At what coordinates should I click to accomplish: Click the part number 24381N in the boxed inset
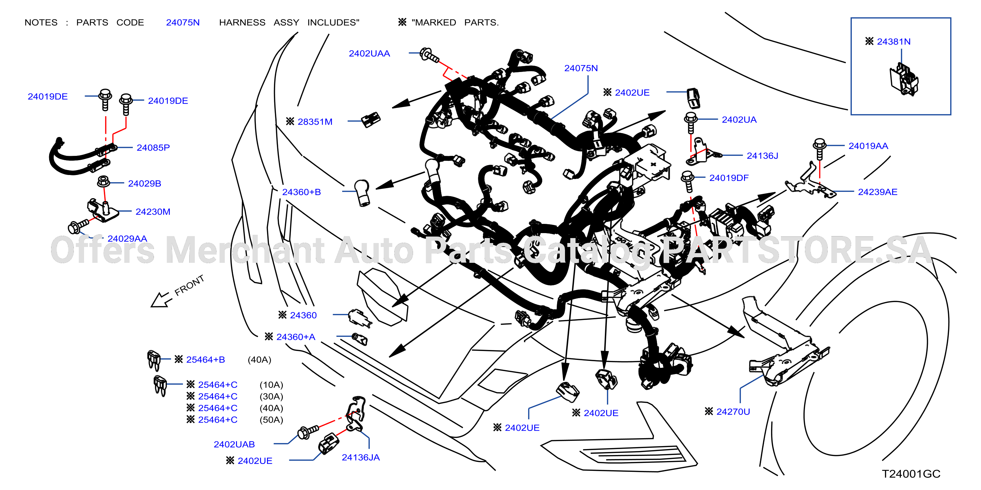pyautogui.click(x=893, y=42)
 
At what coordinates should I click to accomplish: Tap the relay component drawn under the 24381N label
pyautogui.click(x=904, y=81)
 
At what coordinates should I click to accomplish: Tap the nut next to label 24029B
pyautogui.click(x=103, y=182)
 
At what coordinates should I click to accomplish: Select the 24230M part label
pyautogui.click(x=153, y=212)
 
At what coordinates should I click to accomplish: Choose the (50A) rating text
pyautogui.click(x=271, y=420)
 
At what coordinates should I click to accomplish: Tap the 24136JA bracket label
pyautogui.click(x=361, y=458)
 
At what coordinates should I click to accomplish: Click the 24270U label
pyautogui.click(x=733, y=412)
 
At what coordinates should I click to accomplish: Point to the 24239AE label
pyautogui.click(x=877, y=192)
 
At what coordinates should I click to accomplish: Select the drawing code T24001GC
pyautogui.click(x=911, y=474)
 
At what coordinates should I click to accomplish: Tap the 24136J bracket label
pyautogui.click(x=762, y=156)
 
